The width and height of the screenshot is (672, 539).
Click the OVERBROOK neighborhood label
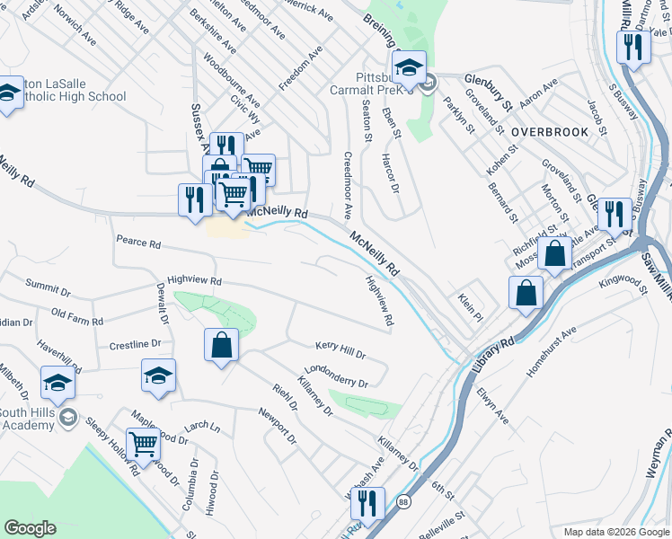(x=550, y=131)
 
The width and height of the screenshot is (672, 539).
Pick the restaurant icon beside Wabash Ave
(x=368, y=503)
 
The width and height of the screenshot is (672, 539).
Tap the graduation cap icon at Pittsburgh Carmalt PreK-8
(x=409, y=68)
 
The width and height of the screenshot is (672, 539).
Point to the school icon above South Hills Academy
(x=57, y=384)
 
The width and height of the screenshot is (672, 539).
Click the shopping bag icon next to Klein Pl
(x=526, y=293)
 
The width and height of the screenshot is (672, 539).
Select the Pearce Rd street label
(x=138, y=243)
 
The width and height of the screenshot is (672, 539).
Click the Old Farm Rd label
(x=77, y=315)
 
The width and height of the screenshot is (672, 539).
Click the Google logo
(x=31, y=528)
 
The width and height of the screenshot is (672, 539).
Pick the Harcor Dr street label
(x=388, y=173)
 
